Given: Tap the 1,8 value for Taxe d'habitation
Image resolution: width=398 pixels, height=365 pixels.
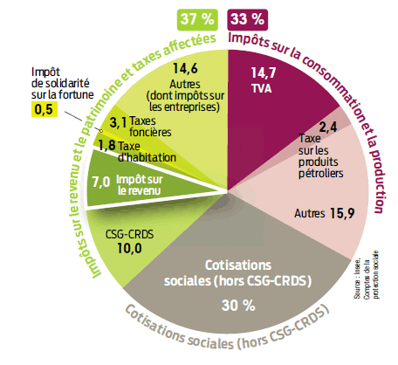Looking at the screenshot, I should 106,145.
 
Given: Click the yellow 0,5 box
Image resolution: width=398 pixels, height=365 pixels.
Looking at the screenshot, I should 43,108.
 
